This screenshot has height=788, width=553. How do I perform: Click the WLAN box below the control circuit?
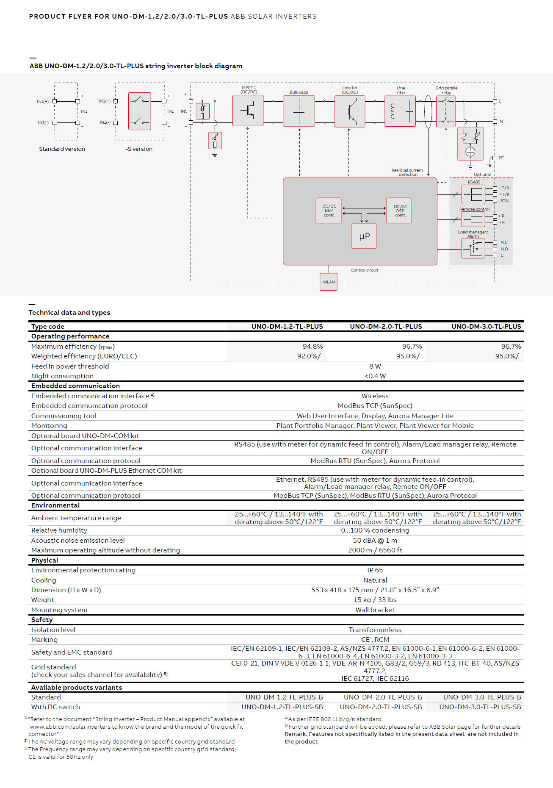click(x=329, y=282)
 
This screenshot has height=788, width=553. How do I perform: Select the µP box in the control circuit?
click(x=364, y=236)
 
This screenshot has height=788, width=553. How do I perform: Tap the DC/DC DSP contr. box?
click(x=329, y=211)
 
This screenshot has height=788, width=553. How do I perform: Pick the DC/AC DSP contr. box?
click(x=399, y=211)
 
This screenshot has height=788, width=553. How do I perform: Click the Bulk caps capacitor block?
click(x=299, y=111)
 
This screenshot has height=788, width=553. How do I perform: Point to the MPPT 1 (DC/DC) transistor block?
click(x=248, y=111)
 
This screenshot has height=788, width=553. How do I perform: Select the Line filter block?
click(x=400, y=111)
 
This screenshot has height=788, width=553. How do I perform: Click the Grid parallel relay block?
click(x=446, y=111)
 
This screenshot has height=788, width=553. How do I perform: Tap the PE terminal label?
click(x=501, y=158)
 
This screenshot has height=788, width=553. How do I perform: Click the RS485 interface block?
click(x=473, y=194)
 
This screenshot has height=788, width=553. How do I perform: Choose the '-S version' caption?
click(x=139, y=149)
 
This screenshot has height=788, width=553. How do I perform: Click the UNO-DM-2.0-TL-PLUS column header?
click(x=386, y=327)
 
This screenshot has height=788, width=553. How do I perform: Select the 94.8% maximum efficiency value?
click(x=313, y=347)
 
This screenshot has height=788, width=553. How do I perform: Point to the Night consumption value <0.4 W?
click(x=375, y=376)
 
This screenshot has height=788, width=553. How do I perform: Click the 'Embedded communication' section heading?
click(x=75, y=386)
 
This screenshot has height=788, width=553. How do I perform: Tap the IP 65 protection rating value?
click(x=375, y=570)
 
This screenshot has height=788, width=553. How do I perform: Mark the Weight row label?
click(x=42, y=600)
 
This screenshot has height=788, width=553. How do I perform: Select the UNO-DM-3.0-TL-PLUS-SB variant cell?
click(x=480, y=707)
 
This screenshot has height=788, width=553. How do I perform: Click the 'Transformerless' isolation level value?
click(x=375, y=630)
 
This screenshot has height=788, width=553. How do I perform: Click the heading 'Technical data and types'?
click(x=69, y=313)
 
